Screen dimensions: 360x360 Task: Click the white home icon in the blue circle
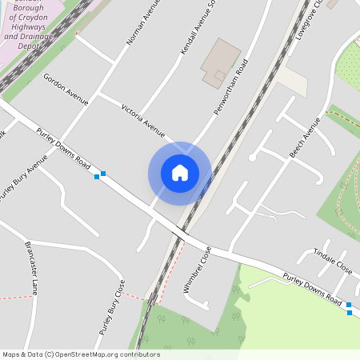click(x=179, y=173)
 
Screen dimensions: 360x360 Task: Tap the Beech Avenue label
click(x=305, y=137)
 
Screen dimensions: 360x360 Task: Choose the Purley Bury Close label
click(x=112, y=307)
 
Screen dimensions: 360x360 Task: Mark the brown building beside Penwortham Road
click(x=219, y=62)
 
